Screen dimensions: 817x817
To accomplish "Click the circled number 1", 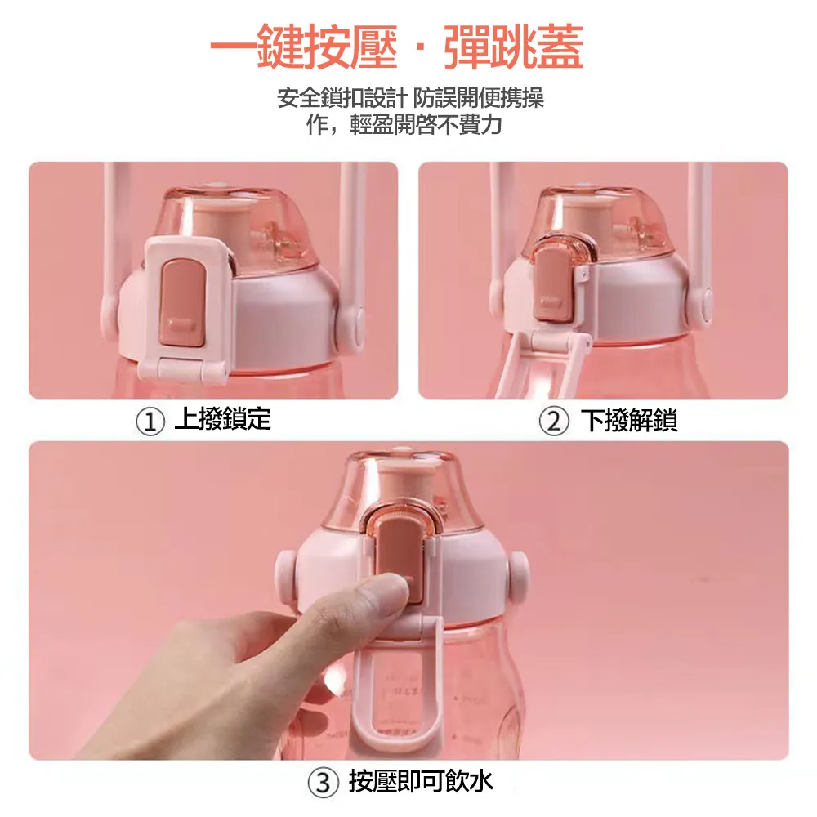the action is (150, 422).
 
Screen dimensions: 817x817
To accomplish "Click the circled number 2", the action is (554, 422).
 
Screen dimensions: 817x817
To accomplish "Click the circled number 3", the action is (323, 782).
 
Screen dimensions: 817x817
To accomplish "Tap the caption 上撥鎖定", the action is (222, 419).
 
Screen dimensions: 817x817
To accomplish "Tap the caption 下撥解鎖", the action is (629, 420).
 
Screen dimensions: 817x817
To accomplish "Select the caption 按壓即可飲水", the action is (421, 781).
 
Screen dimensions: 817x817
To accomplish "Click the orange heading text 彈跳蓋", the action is (513, 47).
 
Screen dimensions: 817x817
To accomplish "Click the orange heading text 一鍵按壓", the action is (304, 47).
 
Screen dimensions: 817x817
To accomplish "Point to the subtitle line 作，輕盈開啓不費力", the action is (404, 124).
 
